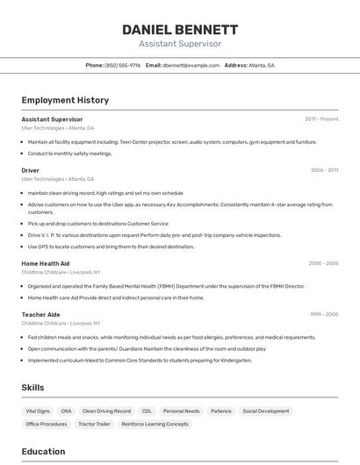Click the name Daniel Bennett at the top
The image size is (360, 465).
point(180,29)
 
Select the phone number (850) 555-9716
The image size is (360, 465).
point(123,65)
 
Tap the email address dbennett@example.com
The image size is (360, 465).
point(191,65)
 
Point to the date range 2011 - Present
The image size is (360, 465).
point(321,118)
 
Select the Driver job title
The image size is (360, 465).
point(31,170)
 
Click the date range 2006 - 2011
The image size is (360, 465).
point(324,170)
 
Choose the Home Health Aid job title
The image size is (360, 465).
point(46,263)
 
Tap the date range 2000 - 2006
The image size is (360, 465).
point(323,263)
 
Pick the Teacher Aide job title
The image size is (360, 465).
point(41,314)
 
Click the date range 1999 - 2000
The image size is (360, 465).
point(323,314)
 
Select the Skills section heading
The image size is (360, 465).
point(32,387)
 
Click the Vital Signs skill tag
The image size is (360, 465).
point(38,411)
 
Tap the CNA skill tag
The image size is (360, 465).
point(67,411)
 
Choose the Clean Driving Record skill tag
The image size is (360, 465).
point(106,411)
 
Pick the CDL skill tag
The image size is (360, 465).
point(147,411)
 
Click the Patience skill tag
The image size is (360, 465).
point(221,411)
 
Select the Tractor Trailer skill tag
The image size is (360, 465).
point(94,424)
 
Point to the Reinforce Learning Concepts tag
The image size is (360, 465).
point(155,424)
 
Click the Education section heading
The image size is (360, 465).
point(43,452)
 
